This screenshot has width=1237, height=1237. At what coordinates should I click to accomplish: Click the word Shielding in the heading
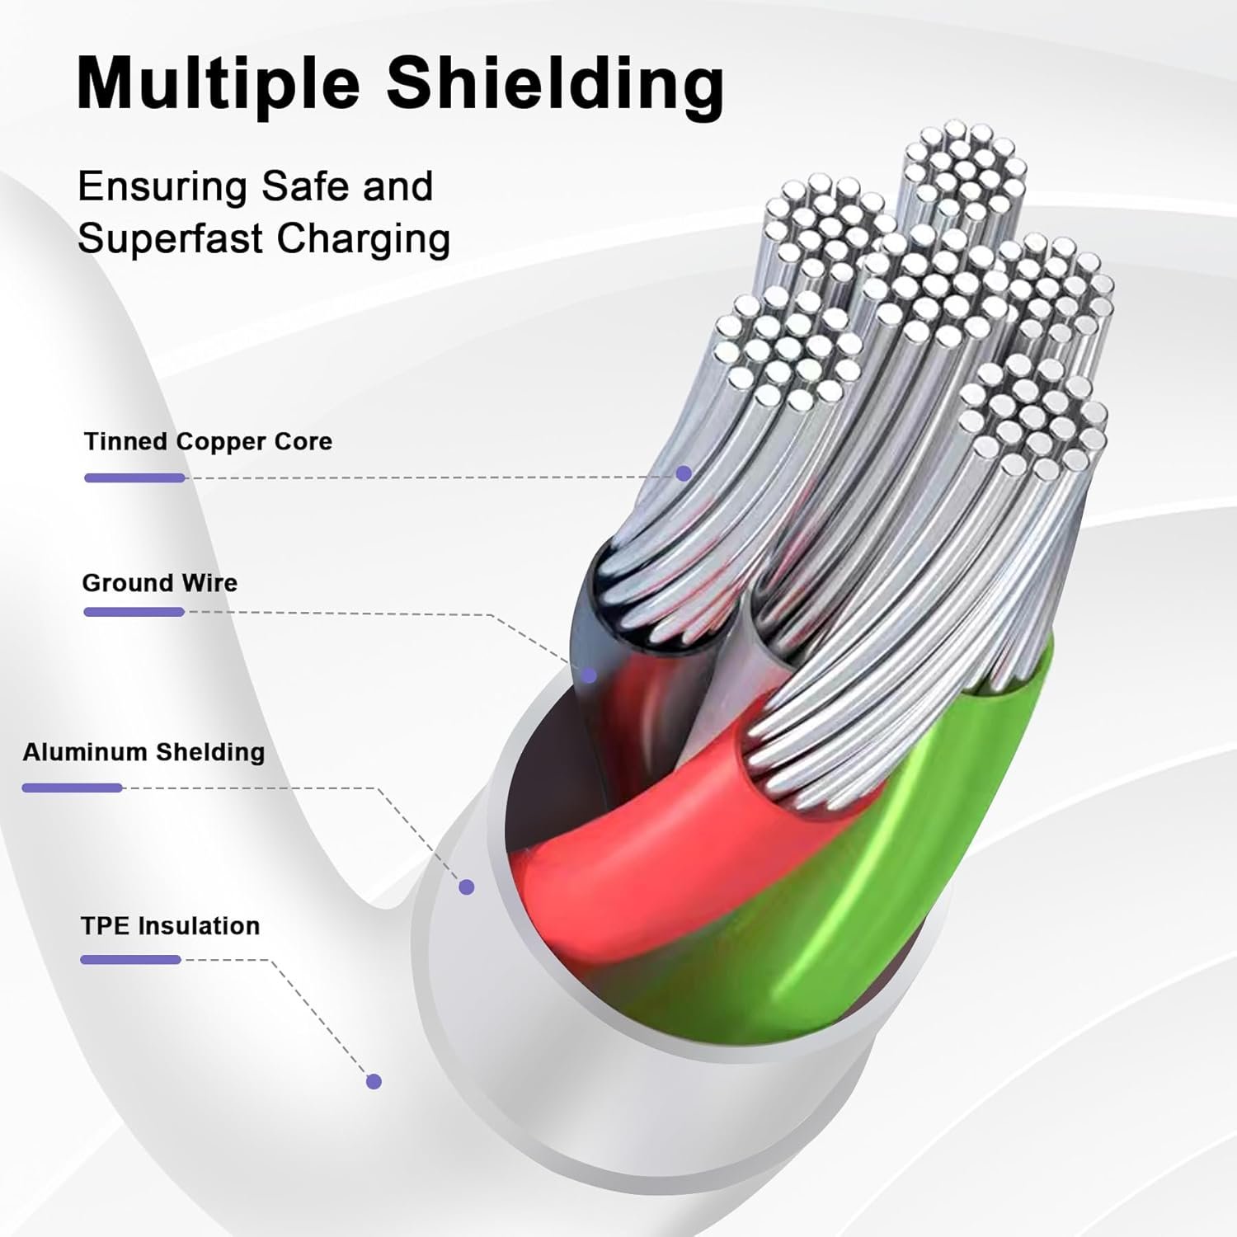click(x=555, y=83)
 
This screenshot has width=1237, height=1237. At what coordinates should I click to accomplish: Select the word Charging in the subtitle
click(x=364, y=239)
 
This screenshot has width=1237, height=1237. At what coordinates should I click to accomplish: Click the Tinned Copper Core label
click(x=208, y=441)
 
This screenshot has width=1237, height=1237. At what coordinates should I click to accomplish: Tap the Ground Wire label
click(x=159, y=583)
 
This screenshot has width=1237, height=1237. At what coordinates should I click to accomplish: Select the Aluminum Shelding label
click(x=143, y=752)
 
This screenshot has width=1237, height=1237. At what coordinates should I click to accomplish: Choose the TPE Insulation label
click(x=170, y=925)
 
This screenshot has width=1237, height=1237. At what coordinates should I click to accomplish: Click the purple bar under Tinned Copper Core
click(x=134, y=477)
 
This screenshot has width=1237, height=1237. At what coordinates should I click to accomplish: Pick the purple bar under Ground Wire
click(x=134, y=612)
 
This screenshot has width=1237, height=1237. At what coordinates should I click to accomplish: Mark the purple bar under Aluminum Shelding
click(x=72, y=788)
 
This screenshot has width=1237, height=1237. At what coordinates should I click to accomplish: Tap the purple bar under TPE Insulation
click(x=130, y=959)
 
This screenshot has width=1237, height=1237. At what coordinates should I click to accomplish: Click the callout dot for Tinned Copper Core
click(x=684, y=473)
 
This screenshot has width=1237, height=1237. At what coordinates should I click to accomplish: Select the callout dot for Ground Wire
click(x=589, y=675)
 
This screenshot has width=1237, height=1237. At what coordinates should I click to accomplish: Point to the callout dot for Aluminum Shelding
click(x=467, y=887)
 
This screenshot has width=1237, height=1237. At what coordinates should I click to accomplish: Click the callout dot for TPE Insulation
click(x=374, y=1081)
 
